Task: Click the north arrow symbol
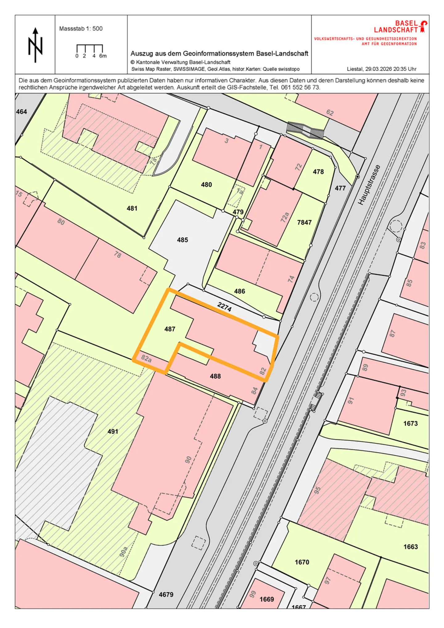click(x=35, y=45)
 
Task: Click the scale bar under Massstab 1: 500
click(x=89, y=49)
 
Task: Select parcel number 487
click(x=170, y=329)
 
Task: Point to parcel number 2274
click(x=224, y=307)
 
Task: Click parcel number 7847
click(x=304, y=222)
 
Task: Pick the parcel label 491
click(x=113, y=431)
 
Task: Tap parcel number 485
click(x=182, y=240)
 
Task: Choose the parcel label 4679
click(x=166, y=594)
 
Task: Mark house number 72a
click(x=284, y=217)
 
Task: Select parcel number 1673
click(x=410, y=423)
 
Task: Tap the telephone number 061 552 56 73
click(x=300, y=87)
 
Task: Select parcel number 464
click(x=21, y=112)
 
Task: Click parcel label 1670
click(x=302, y=562)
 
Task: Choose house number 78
click(x=117, y=255)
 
